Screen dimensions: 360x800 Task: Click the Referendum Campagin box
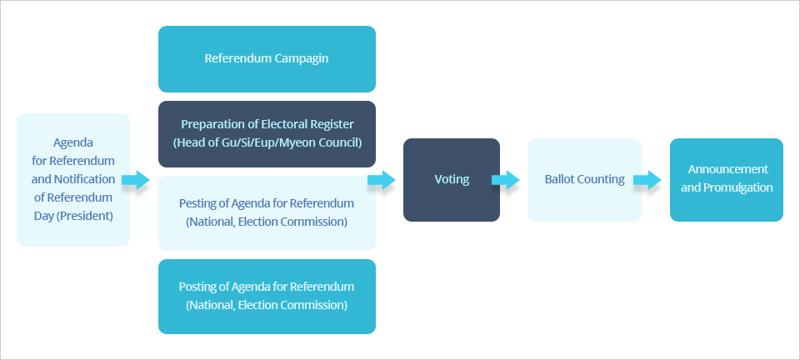pyautogui.click(x=267, y=59)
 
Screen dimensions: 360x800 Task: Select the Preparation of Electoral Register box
pyautogui.click(x=267, y=134)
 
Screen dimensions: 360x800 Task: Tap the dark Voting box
pyautogui.click(x=452, y=180)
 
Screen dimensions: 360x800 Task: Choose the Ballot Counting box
pyautogui.click(x=584, y=180)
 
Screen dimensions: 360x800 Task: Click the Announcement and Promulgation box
pyautogui.click(x=726, y=180)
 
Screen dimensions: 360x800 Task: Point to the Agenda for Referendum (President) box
pyautogui.click(x=73, y=180)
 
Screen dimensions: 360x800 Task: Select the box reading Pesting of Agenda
pyautogui.click(x=267, y=213)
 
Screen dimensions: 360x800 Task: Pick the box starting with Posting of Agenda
pyautogui.click(x=267, y=297)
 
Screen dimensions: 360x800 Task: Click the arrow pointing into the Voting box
pyautogui.click(x=382, y=180)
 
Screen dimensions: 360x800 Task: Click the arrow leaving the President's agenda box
pyautogui.click(x=135, y=180)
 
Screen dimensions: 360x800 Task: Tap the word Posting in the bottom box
pyautogui.click(x=198, y=287)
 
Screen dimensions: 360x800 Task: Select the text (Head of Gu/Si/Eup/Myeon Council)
pyautogui.click(x=267, y=143)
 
